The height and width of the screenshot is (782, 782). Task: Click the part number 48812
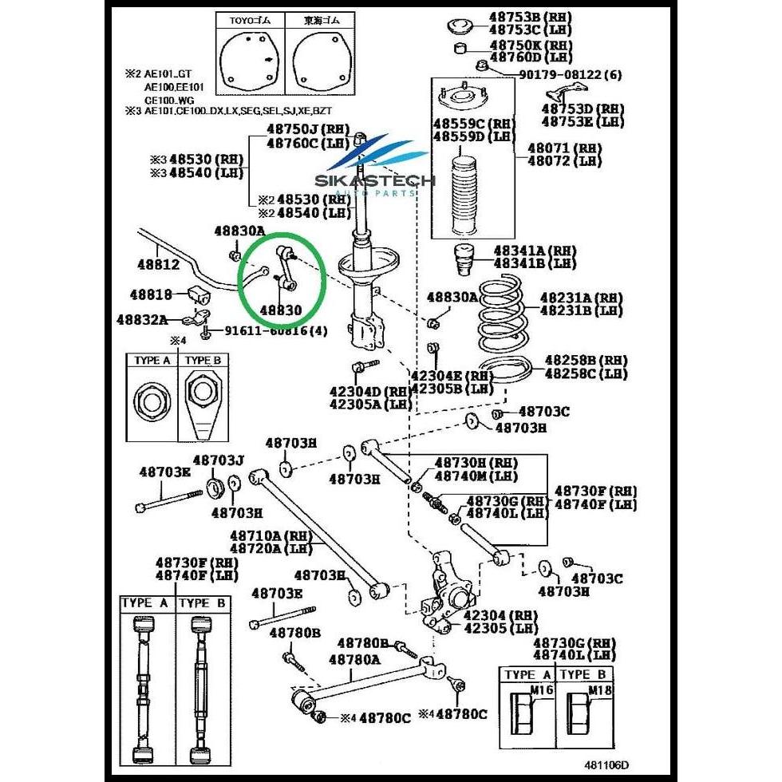tap(157, 264)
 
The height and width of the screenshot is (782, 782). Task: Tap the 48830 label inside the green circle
tap(281, 309)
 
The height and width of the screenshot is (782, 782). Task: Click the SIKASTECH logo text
tap(375, 181)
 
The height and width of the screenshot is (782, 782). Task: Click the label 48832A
tap(141, 320)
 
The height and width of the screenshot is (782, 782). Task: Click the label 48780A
tap(354, 660)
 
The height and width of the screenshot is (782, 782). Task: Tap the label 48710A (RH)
tap(266, 536)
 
